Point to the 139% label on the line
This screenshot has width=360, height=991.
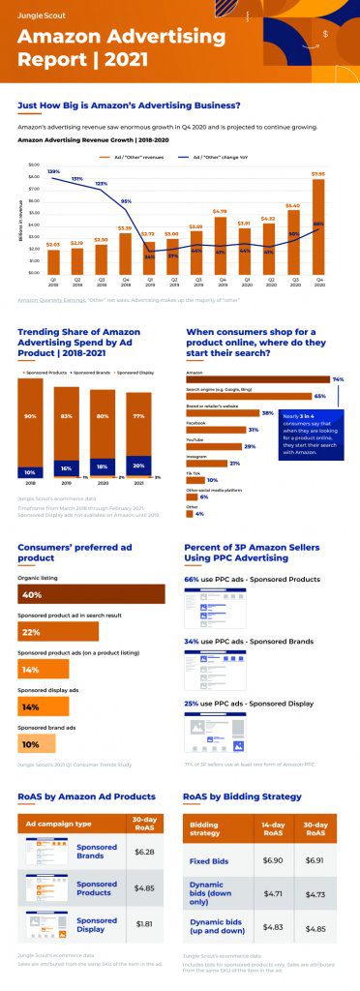[53, 171]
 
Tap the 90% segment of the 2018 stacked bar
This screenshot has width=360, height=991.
[31, 417]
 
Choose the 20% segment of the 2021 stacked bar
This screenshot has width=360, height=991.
[138, 465]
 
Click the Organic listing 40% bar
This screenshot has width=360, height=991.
[91, 593]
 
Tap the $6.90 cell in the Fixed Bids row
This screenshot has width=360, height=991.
[273, 859]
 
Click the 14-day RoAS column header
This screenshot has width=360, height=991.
[273, 829]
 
